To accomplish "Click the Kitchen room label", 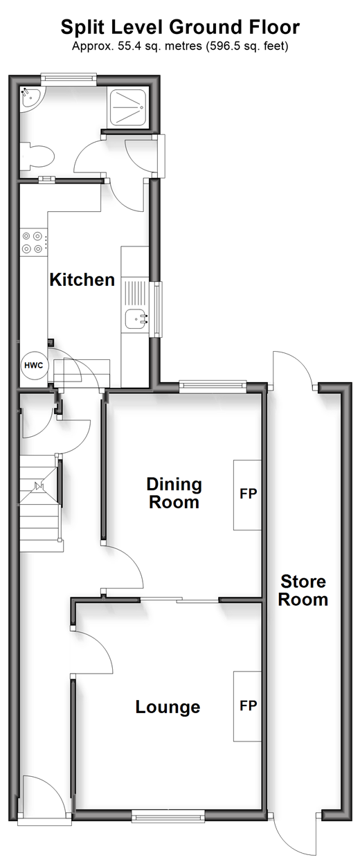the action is tap(82, 280).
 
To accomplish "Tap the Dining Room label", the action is tap(174, 493).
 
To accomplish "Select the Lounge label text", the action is tap(168, 707).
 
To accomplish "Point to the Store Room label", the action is tap(303, 591).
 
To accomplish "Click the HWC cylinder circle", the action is tap(34, 365).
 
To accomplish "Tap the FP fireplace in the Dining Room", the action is tap(248, 495).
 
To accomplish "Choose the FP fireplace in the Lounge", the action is tap(248, 706).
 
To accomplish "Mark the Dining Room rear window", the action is tap(213, 386).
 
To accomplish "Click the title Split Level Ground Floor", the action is tap(180, 27).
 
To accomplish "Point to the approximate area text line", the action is tap(180, 46).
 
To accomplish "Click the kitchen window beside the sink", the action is tap(158, 309).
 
